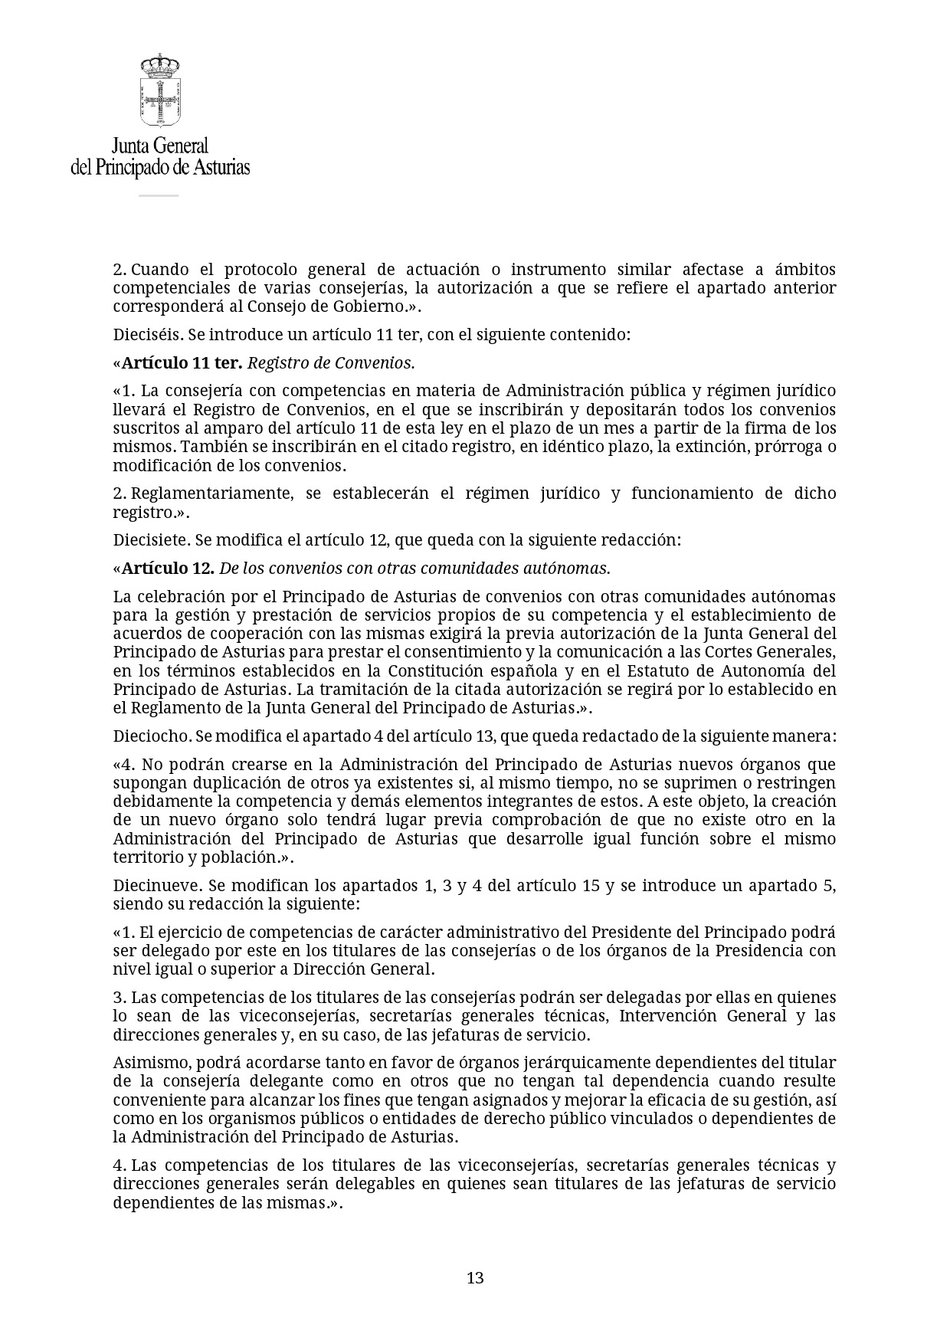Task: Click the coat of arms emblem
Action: click(x=159, y=90)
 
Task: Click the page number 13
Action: click(x=475, y=1277)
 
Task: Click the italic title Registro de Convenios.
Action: click(x=331, y=362)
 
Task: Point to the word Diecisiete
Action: click(x=151, y=539)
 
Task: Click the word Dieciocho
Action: click(x=152, y=736)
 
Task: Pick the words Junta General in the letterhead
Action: click(x=160, y=146)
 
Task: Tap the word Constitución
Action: click(x=421, y=670)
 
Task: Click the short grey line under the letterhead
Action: click(x=159, y=195)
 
